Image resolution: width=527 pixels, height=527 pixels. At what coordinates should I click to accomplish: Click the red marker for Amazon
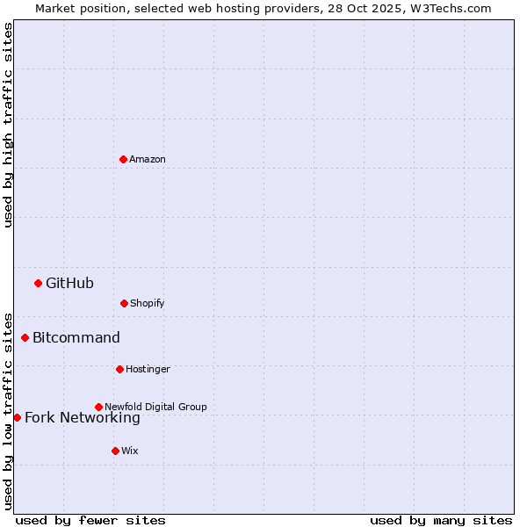click(x=123, y=159)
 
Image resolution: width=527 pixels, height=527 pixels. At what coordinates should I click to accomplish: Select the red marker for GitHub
click(x=38, y=283)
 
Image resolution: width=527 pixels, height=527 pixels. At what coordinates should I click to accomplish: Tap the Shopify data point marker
click(x=124, y=303)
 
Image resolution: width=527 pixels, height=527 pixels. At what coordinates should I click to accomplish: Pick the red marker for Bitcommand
click(x=25, y=337)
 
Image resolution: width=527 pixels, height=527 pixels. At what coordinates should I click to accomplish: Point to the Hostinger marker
click(x=119, y=369)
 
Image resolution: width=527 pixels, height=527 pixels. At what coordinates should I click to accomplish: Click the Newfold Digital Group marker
click(x=98, y=407)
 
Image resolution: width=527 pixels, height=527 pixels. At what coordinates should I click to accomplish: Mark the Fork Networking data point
click(x=17, y=417)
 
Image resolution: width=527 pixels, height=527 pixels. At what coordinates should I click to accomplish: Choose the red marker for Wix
click(x=115, y=451)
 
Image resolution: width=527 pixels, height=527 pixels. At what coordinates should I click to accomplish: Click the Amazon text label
click(x=148, y=159)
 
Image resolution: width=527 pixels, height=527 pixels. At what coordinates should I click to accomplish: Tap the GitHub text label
click(x=69, y=283)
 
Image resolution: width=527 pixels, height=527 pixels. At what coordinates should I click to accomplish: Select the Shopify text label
click(x=148, y=303)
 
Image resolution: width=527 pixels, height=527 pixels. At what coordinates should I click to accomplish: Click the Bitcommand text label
click(x=76, y=337)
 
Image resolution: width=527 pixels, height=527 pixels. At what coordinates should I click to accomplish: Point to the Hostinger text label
click(x=148, y=369)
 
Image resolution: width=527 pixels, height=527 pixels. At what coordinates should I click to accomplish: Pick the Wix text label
click(x=130, y=451)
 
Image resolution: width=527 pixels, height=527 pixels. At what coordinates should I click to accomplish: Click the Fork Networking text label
click(x=83, y=417)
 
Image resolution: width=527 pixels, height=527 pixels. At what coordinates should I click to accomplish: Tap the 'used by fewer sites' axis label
click(x=90, y=520)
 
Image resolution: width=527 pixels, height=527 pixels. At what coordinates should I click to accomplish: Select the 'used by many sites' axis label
click(x=441, y=520)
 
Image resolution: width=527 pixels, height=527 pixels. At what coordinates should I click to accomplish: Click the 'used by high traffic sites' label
click(x=8, y=125)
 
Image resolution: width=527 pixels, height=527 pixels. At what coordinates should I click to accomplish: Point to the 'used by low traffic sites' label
click(x=8, y=410)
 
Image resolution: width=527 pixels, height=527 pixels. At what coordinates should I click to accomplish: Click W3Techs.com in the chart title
click(x=449, y=8)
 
